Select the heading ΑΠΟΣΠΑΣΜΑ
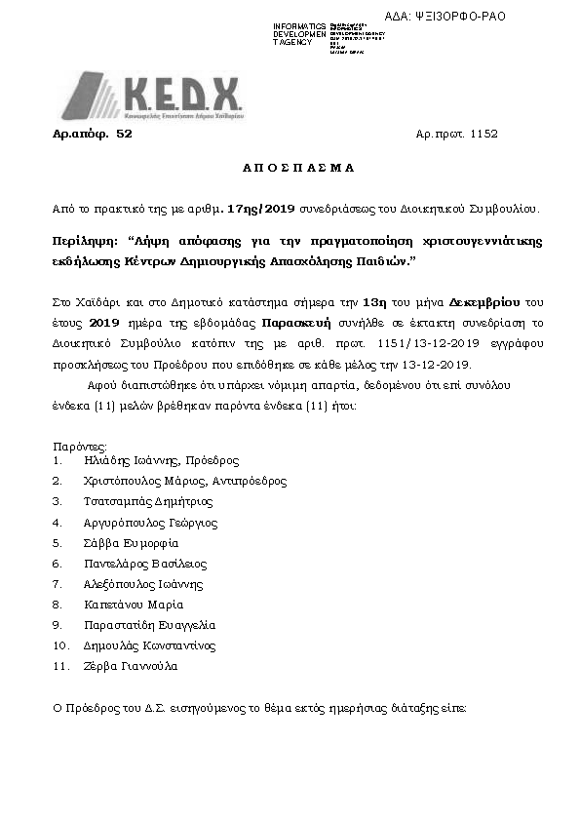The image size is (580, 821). pos(296,169)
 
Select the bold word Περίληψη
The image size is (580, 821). pos(84,239)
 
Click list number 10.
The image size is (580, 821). pos(60,645)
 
